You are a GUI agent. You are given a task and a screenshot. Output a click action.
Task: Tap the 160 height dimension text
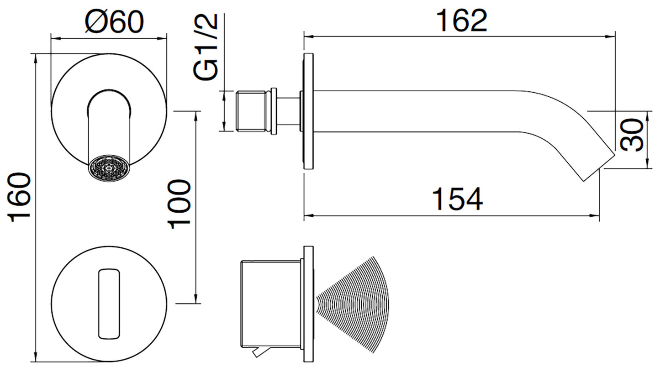(21, 197)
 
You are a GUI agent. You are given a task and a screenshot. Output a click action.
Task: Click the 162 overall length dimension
(461, 21)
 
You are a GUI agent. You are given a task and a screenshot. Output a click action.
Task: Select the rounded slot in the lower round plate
(109, 304)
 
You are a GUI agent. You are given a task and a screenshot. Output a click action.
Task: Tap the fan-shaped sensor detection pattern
(359, 304)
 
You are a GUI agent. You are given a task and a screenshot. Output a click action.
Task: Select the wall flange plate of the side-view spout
(308, 112)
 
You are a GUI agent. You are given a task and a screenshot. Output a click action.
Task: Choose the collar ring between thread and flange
(274, 111)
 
